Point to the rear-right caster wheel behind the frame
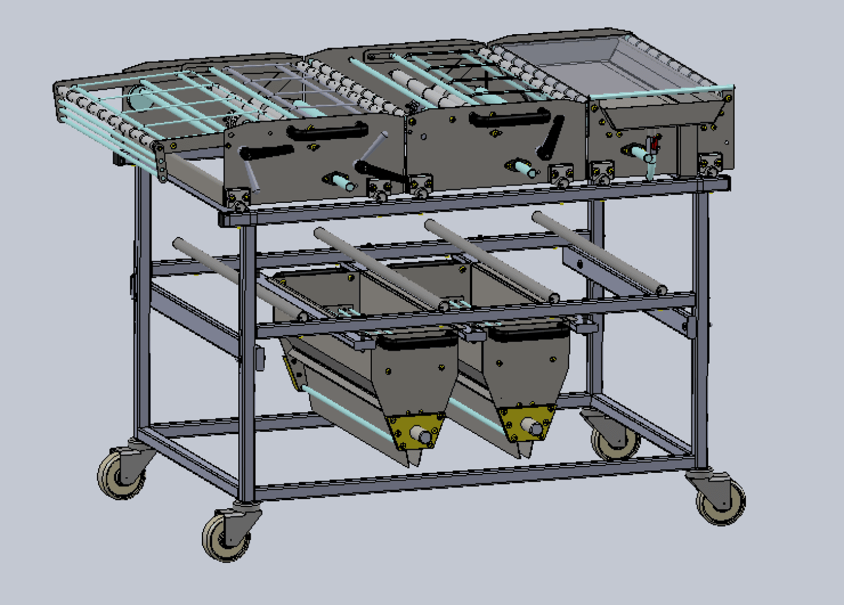(616, 440)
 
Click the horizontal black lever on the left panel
(266, 152)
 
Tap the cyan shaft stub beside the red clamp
(637, 151)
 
